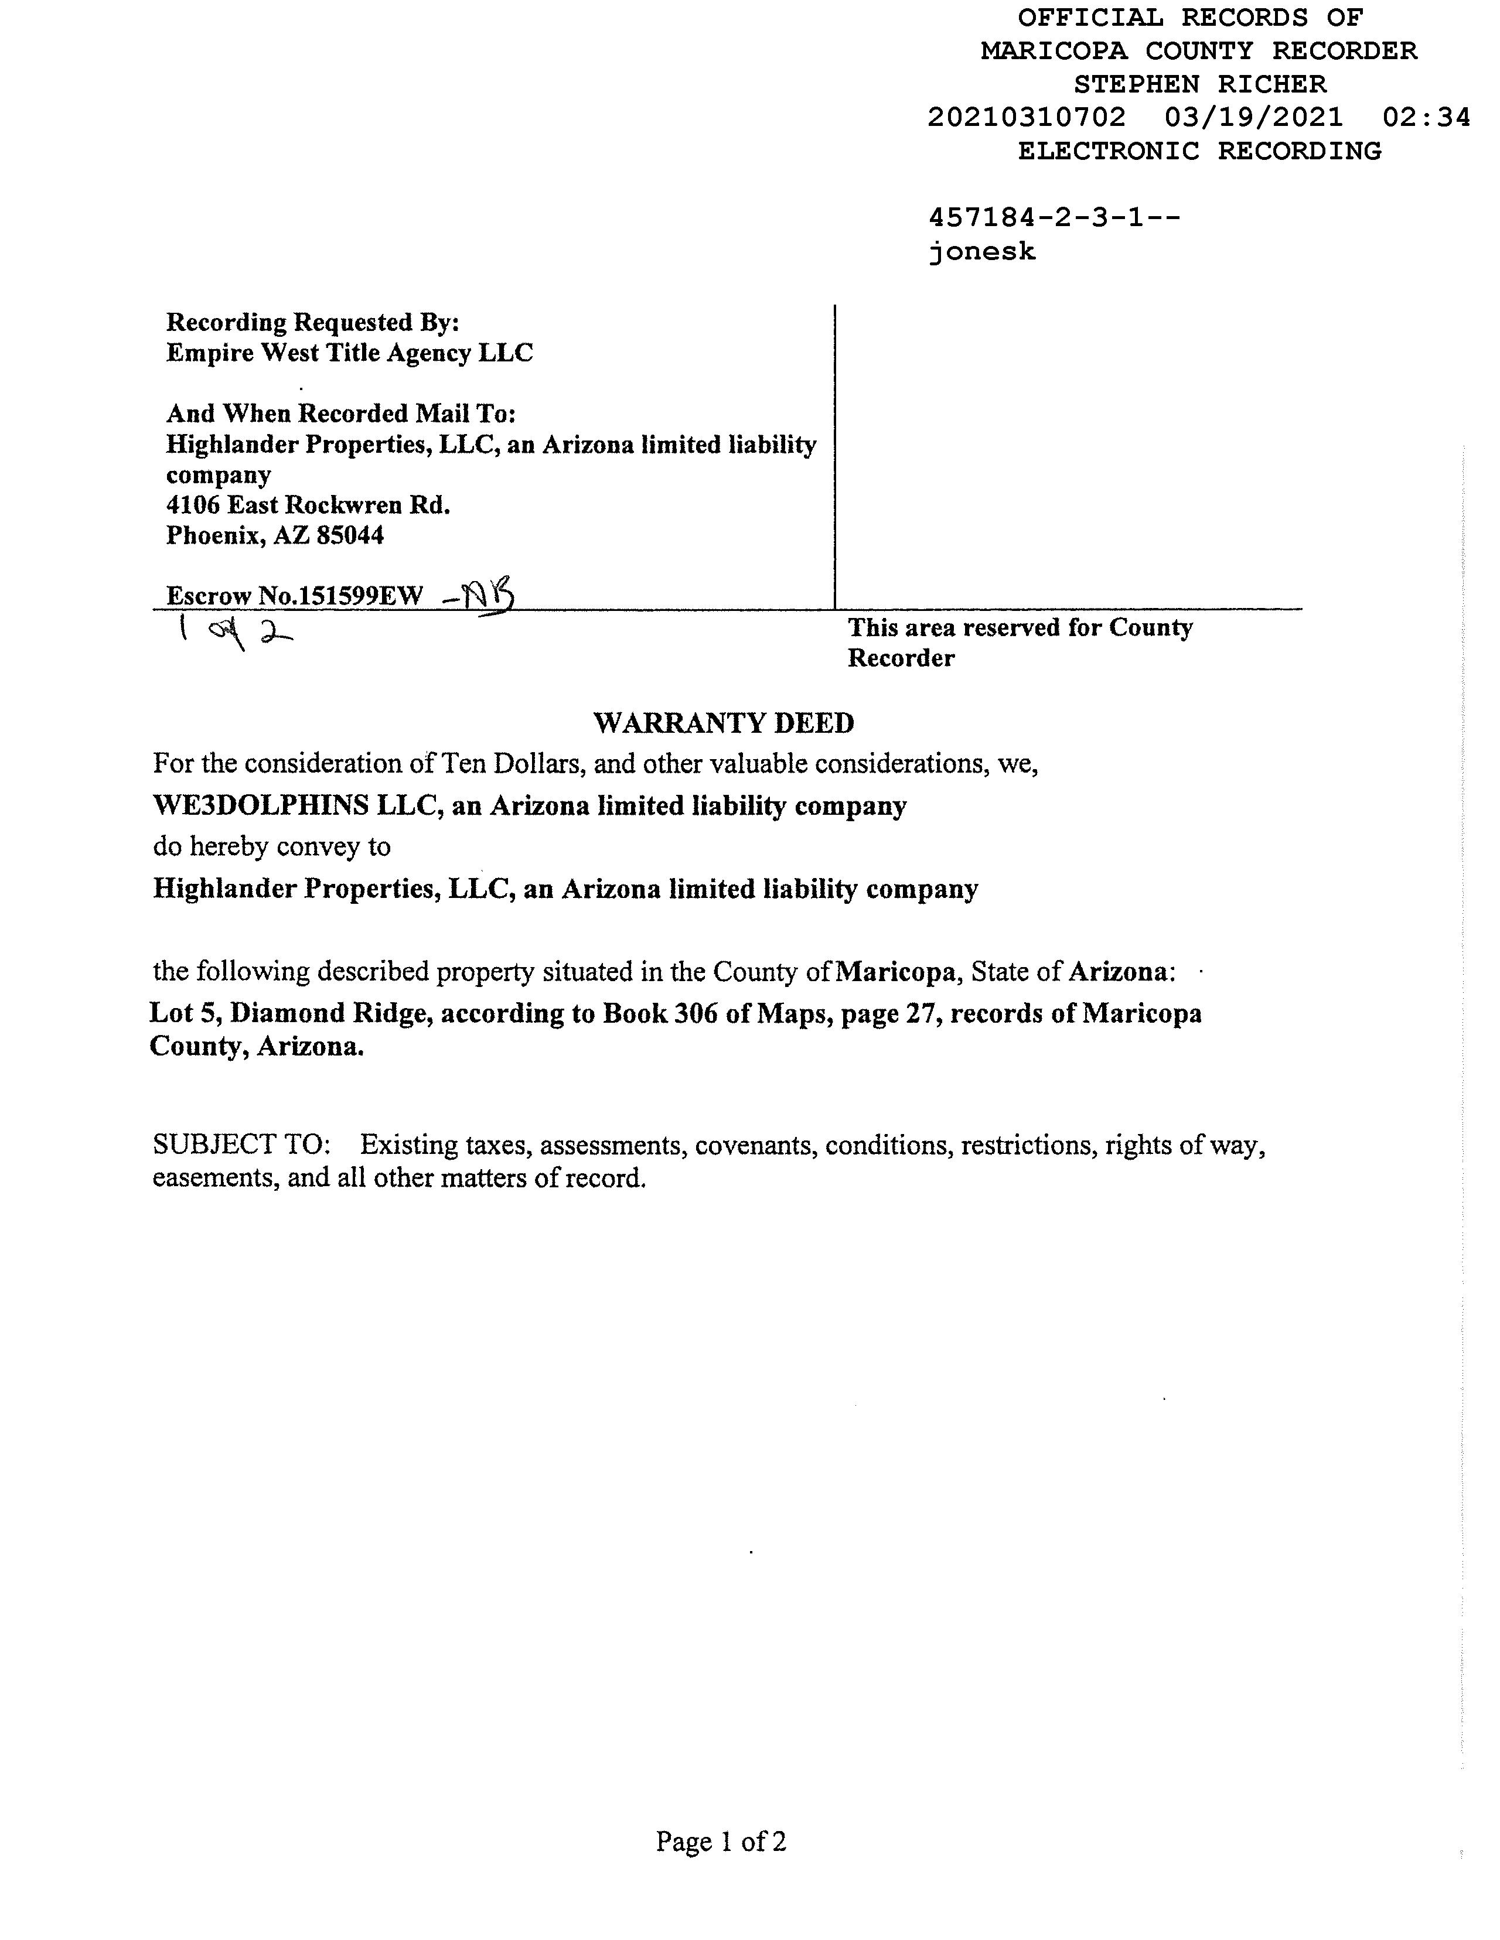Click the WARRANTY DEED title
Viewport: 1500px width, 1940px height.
tap(724, 723)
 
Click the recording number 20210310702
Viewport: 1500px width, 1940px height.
tap(1027, 117)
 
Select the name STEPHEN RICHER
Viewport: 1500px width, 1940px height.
tap(1199, 84)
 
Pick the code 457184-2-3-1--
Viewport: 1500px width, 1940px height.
tap(1054, 218)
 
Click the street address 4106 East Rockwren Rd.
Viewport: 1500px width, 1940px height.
tap(308, 506)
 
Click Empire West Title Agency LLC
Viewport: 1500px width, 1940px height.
tap(349, 354)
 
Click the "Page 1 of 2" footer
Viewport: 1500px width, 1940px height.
tap(721, 1842)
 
